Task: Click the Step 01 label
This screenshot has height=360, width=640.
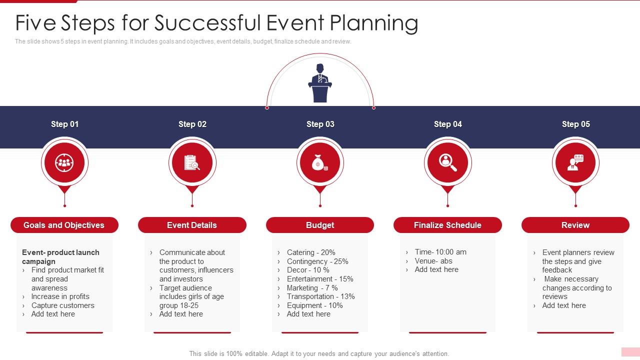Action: [x=64, y=124]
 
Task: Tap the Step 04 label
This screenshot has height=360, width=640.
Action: [x=447, y=124]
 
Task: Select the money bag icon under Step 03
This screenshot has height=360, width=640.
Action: [x=319, y=163]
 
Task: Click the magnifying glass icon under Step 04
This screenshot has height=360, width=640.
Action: [x=447, y=162]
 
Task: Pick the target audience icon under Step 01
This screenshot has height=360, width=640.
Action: [x=64, y=162]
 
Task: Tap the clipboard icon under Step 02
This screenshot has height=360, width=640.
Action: [x=192, y=162]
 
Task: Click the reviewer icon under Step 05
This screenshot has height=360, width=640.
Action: [x=575, y=162]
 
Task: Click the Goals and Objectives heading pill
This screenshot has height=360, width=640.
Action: [x=64, y=225]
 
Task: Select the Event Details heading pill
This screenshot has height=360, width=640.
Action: [x=192, y=225]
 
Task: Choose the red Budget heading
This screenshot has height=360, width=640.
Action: [x=320, y=225]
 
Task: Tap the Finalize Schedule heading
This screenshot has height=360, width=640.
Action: [x=447, y=225]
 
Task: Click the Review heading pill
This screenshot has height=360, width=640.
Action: [x=575, y=225]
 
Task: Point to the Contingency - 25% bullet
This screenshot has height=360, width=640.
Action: [x=317, y=261]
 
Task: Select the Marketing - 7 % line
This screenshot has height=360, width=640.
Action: [x=312, y=288]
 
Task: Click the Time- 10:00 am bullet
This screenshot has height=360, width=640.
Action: [x=440, y=252]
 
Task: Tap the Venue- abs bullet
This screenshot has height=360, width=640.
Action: [x=433, y=261]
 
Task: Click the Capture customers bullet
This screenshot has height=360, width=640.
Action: [x=62, y=305]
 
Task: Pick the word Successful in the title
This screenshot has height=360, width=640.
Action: [x=206, y=23]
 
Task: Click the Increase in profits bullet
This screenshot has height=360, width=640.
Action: [x=60, y=296]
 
